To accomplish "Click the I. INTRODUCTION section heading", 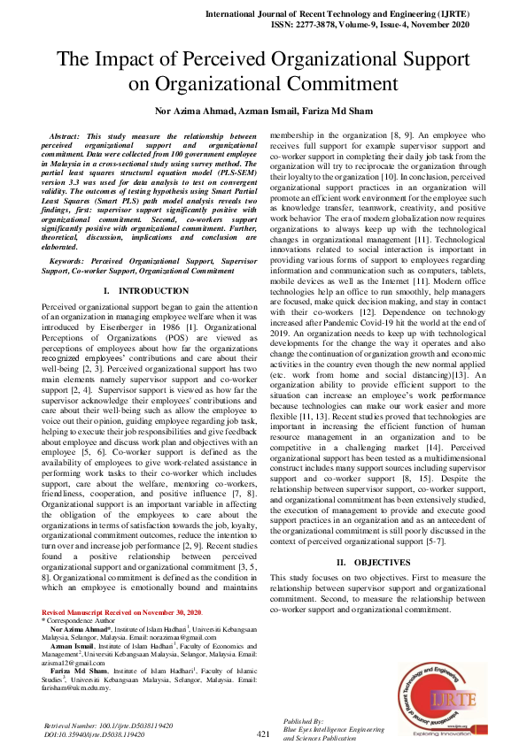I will click(143, 290).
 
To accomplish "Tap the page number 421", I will click(263, 733).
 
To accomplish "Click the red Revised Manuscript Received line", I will click(122, 612).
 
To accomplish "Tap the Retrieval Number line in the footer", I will click(108, 725).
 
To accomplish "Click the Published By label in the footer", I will click(303, 721).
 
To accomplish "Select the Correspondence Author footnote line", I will click(82, 620).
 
